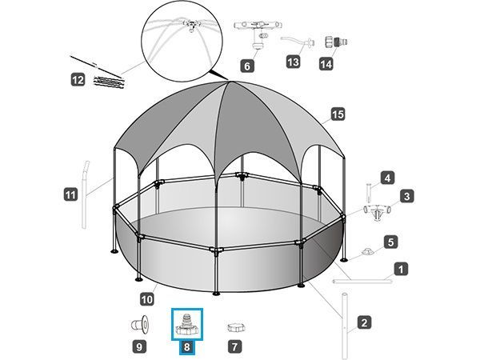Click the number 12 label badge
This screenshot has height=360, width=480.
tap(78, 80)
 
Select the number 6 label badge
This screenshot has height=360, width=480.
tap(247, 66)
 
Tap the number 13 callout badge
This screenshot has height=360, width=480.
tap(293, 62)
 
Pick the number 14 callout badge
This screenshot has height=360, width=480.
tap(326, 64)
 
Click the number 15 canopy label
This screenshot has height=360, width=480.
tap(338, 114)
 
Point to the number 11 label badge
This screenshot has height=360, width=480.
tap(70, 194)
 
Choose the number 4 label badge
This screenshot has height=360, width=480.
tap(387, 178)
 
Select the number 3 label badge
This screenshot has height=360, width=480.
tap(407, 196)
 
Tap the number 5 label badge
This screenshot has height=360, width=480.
tap(391, 242)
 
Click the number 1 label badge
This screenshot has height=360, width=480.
tap(401, 270)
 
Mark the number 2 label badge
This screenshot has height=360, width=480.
tap(364, 322)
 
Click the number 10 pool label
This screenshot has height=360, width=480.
tap(147, 299)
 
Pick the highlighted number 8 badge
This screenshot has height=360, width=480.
tap(186, 347)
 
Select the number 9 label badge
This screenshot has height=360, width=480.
tap(139, 347)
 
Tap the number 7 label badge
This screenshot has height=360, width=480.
tap(234, 347)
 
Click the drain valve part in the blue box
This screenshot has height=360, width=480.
tap(186, 325)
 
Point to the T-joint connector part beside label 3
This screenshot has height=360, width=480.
tap(377, 212)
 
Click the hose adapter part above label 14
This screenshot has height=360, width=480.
tap(336, 42)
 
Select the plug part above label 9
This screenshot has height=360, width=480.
tap(141, 324)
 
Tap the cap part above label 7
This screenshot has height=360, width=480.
tap(236, 327)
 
